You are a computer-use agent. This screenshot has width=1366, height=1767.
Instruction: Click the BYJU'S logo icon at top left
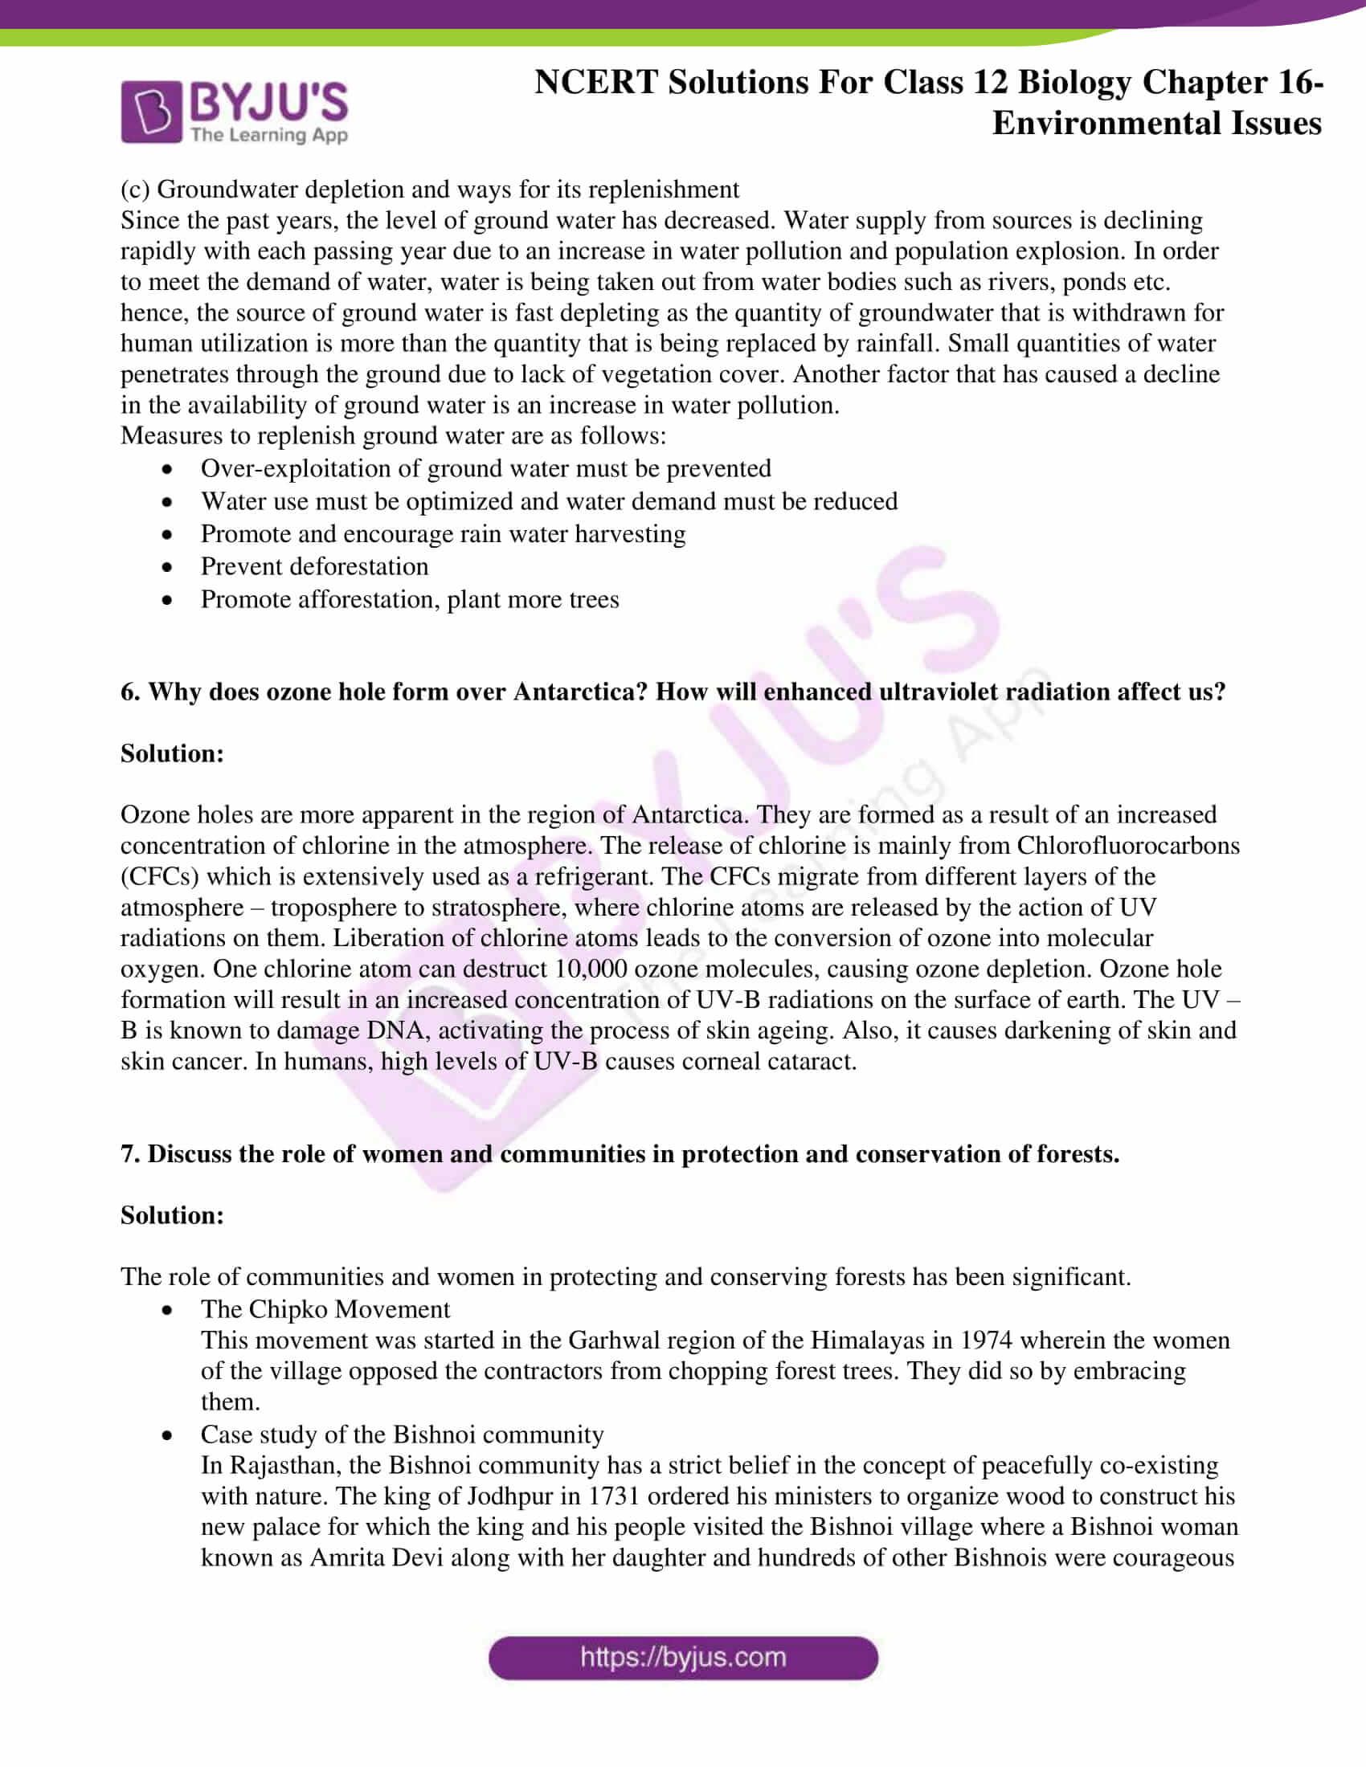click(x=150, y=112)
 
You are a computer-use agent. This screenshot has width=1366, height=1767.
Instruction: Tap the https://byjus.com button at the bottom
click(x=683, y=1657)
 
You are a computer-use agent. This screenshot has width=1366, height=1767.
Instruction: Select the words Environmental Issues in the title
click(x=1156, y=124)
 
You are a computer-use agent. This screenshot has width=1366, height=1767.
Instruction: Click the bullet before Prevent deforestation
click(x=166, y=567)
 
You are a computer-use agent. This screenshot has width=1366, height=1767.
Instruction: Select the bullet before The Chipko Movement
click(x=166, y=1310)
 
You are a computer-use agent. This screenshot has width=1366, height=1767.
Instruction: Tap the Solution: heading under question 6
click(x=173, y=753)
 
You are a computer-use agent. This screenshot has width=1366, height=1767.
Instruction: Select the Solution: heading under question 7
click(x=173, y=1214)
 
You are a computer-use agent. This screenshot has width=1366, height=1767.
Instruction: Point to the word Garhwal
click(x=614, y=1340)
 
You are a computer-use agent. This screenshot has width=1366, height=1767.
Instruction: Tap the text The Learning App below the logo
click(x=268, y=135)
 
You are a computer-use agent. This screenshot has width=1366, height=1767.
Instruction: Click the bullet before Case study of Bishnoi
click(x=166, y=1435)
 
